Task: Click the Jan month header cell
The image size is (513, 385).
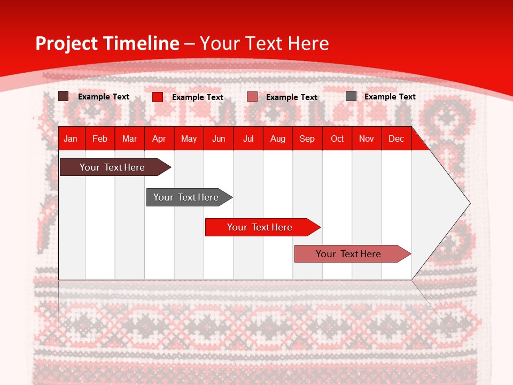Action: [71, 138]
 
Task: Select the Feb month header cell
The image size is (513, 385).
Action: [100, 138]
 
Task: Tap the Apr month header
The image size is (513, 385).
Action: [159, 138]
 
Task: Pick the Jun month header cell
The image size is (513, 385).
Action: [219, 138]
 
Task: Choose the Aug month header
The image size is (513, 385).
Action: [278, 138]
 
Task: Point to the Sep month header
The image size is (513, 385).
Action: [307, 138]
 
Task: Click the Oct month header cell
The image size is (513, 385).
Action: [337, 138]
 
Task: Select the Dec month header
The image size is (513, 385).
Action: [397, 138]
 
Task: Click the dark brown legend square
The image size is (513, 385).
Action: [64, 96]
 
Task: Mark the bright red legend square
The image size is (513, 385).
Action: [158, 97]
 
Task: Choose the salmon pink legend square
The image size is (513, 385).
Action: [252, 97]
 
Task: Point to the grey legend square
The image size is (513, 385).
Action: [351, 96]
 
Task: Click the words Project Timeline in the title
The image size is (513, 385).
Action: [107, 43]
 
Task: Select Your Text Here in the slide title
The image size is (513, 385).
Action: [265, 43]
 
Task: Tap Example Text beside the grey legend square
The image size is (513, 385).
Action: [390, 97]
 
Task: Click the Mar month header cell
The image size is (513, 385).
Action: [129, 138]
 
